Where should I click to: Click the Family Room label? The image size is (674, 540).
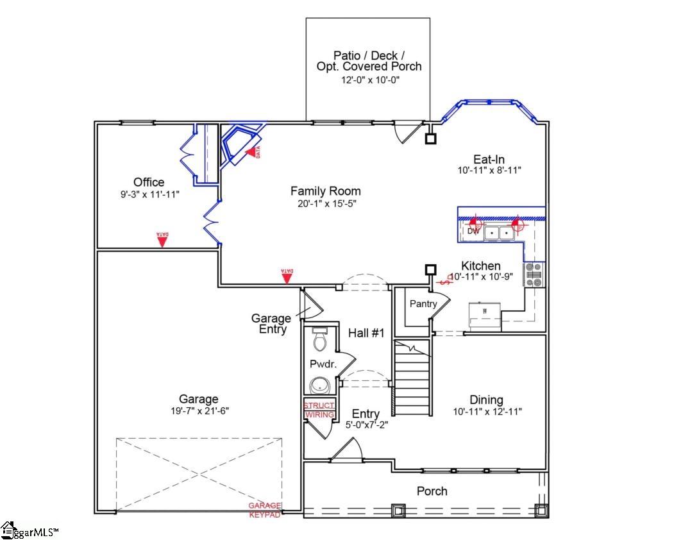pos(325,191)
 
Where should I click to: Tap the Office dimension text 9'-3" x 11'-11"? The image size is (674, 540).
pos(148,194)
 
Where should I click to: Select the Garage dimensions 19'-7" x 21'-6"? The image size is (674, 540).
pos(198,410)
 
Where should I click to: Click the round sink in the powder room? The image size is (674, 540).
pos(319,385)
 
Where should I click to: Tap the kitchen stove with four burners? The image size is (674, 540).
pos(534,274)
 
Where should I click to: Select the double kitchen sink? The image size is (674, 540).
pos(498,233)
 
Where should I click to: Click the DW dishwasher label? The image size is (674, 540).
pos(473,231)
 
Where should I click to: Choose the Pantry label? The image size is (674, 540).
pos(423,304)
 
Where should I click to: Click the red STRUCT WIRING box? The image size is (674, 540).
pos(319,410)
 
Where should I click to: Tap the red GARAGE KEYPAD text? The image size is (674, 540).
pos(265,510)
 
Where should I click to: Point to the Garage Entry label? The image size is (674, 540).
pos(271,323)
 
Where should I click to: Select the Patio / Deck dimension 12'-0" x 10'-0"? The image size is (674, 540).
pos(369,80)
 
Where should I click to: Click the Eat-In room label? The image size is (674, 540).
pos(489,159)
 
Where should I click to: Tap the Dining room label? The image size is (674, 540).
pos(486,400)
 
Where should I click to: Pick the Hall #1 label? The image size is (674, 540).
pos(366,333)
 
